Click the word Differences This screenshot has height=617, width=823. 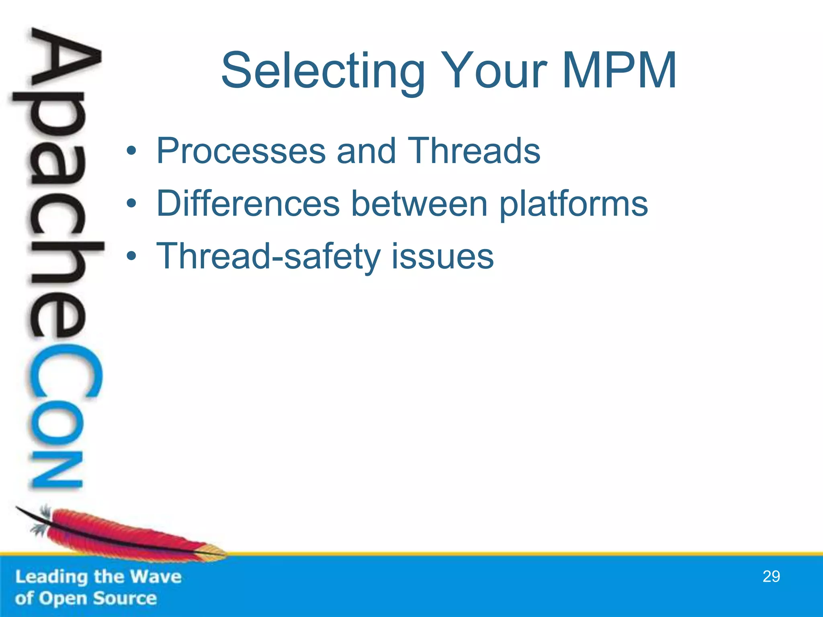pyautogui.click(x=248, y=204)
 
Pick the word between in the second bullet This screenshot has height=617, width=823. pyautogui.click(x=420, y=204)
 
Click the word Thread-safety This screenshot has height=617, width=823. pyautogui.click(x=268, y=257)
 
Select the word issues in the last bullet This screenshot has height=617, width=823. pyautogui.click(x=442, y=257)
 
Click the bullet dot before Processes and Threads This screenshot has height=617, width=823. pyautogui.click(x=131, y=151)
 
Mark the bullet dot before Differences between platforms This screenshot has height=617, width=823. pyautogui.click(x=131, y=204)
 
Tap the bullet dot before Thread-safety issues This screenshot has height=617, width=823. pyautogui.click(x=131, y=256)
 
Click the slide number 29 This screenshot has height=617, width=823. pyautogui.click(x=771, y=576)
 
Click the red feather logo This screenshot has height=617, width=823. pyautogui.click(x=121, y=534)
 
